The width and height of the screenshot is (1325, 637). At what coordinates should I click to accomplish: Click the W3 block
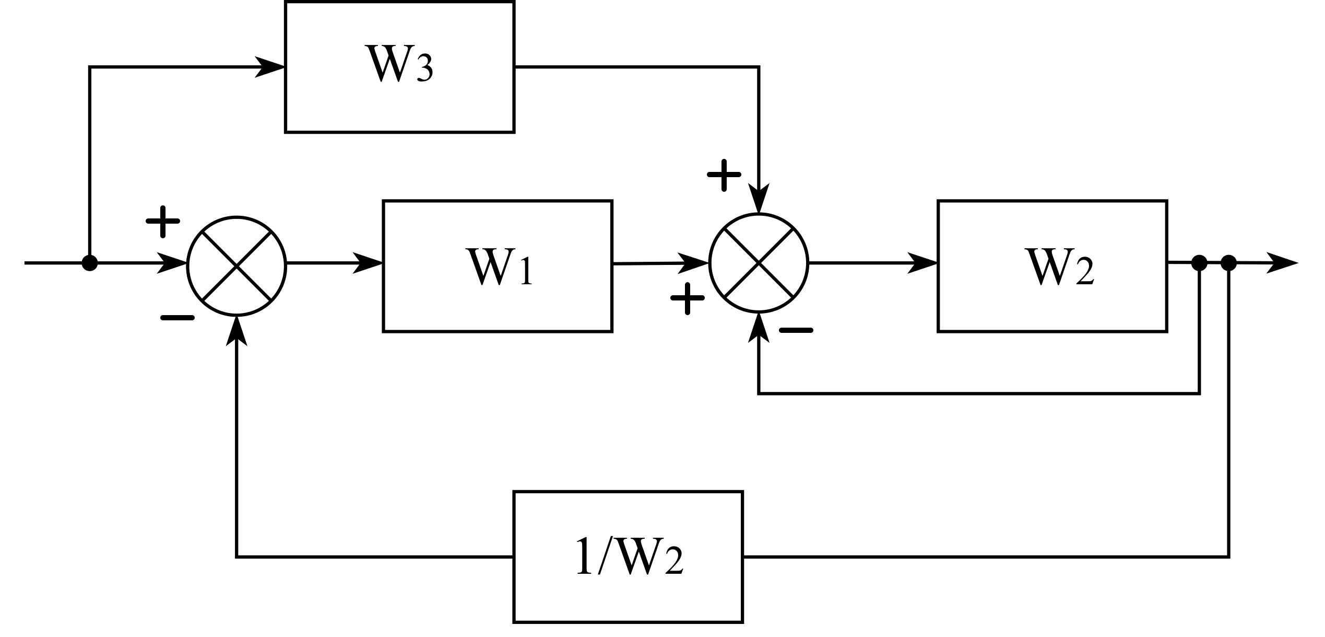point(399,67)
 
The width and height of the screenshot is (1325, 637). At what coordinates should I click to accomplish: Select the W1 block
point(497,266)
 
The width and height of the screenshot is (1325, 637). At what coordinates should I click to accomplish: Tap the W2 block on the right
point(1052,266)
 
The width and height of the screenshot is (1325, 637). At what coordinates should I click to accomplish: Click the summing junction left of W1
point(236,266)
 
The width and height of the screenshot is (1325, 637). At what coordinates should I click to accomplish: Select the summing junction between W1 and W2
point(759,263)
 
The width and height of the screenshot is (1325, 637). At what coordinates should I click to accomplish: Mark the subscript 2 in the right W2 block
point(1084,273)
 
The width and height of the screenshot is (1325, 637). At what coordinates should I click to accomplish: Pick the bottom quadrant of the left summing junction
point(236,295)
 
